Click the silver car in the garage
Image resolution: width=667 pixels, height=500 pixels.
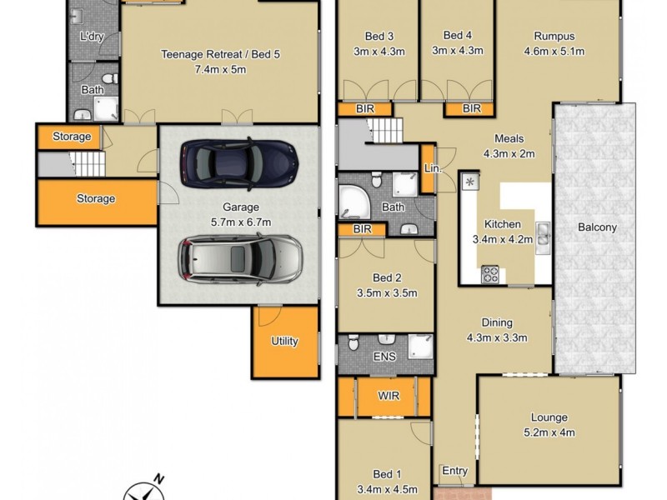coord(239,257)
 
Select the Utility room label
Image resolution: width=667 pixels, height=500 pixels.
coord(284,341)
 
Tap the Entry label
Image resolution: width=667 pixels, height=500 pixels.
coord(454,471)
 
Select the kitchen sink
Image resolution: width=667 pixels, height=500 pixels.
coord(543,236)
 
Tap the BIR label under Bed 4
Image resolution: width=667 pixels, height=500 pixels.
coord(471,108)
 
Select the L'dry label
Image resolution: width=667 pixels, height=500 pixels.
coord(90,37)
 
